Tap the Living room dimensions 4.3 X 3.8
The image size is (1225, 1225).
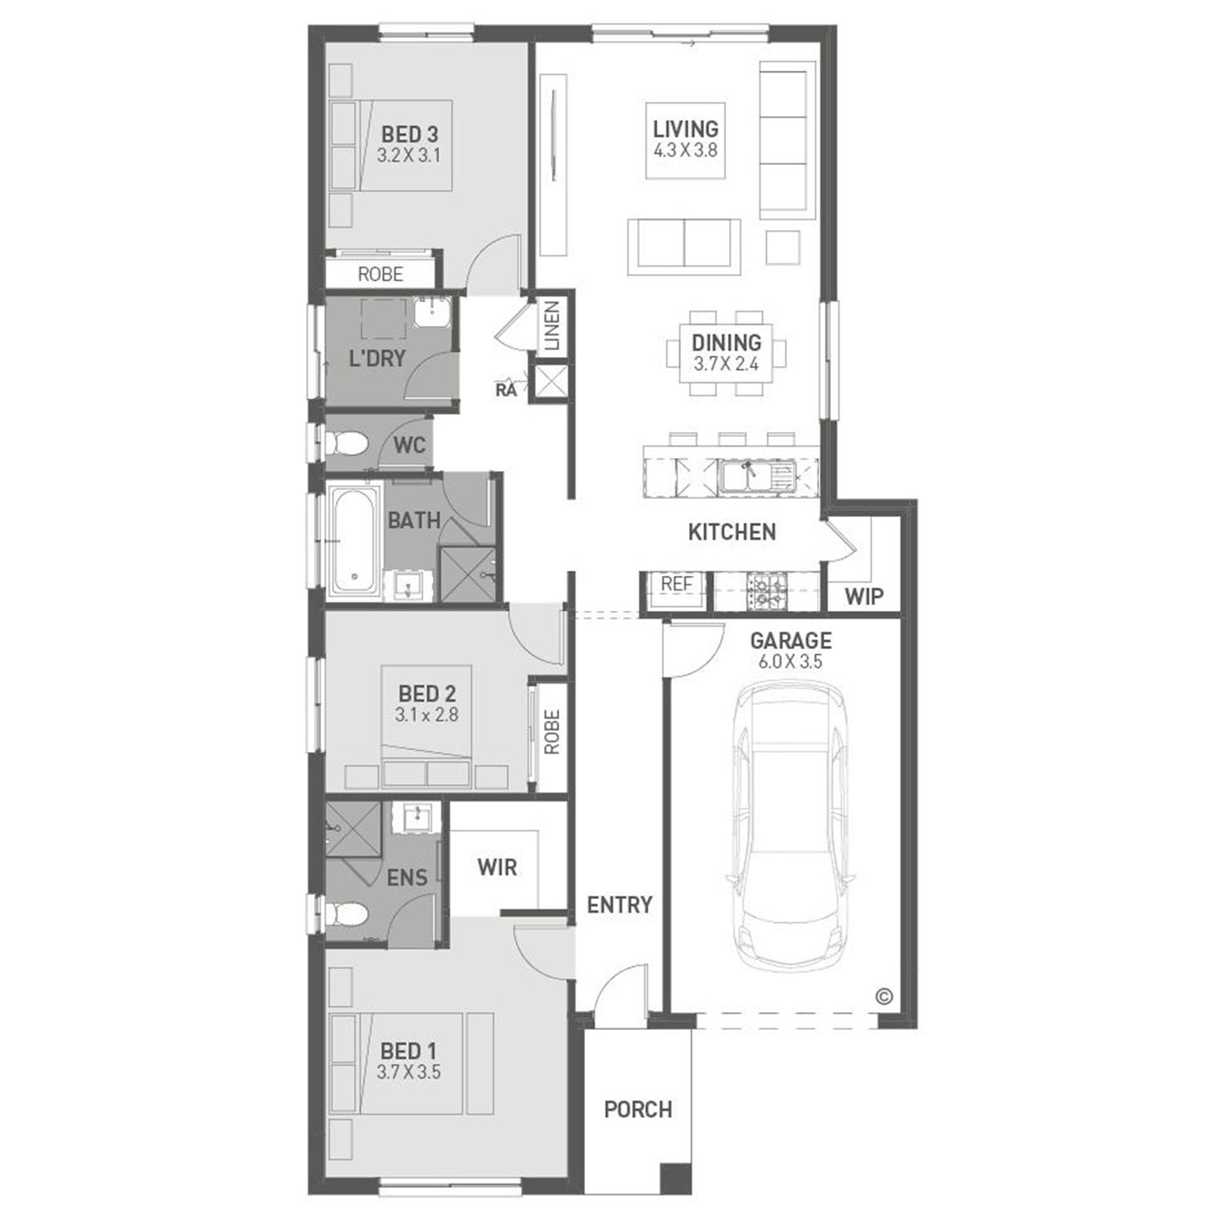[686, 150]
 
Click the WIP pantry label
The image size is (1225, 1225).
[864, 596]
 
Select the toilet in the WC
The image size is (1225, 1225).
[346, 444]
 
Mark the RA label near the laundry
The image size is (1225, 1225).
[506, 390]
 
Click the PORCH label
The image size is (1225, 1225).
[638, 1109]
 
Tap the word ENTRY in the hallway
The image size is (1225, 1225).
[620, 905]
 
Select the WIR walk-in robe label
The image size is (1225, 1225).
[497, 867]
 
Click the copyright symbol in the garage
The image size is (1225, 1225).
[884, 996]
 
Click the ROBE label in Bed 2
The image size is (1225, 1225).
[552, 732]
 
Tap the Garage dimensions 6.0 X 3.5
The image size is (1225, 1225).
[791, 661]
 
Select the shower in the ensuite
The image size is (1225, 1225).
[354, 830]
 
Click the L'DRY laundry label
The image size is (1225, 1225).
[376, 358]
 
